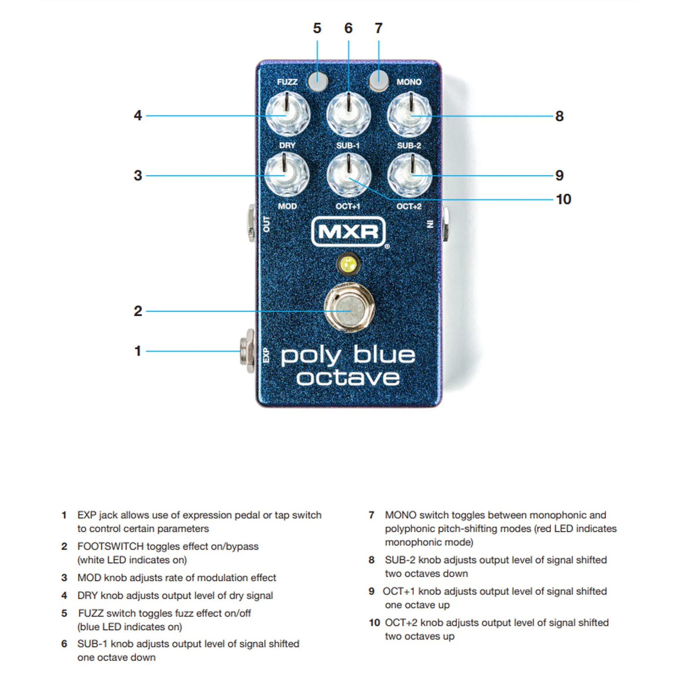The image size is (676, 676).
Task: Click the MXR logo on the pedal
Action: [x=348, y=231]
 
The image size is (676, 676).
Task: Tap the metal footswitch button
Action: [x=349, y=308]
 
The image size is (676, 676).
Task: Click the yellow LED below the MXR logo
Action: [x=348, y=264]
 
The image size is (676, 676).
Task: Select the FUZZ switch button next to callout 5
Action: [x=318, y=81]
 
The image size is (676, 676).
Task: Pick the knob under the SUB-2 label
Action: [x=409, y=175]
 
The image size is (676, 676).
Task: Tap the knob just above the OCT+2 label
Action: [x=409, y=175]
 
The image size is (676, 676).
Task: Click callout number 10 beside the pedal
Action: [x=563, y=199]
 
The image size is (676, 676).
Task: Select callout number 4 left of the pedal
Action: [x=138, y=116]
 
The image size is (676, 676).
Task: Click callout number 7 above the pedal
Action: [x=379, y=28]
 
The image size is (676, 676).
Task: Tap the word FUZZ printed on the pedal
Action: [x=287, y=82]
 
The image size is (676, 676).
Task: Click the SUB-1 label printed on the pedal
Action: [x=348, y=146]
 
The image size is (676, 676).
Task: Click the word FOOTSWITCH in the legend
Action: [x=110, y=546]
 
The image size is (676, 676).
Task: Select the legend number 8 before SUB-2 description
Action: [x=371, y=560]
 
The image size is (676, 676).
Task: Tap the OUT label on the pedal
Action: [x=267, y=224]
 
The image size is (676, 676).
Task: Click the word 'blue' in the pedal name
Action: [x=384, y=355]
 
